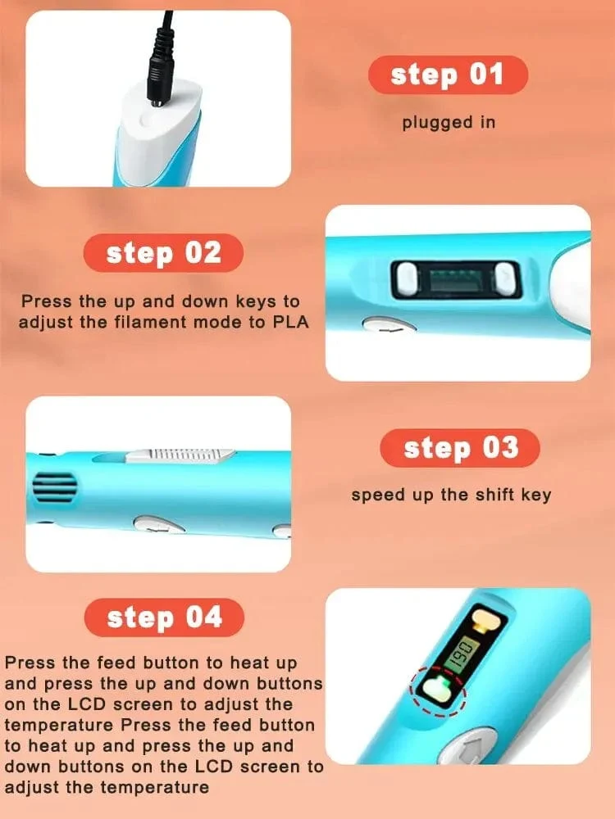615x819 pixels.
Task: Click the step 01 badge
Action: [x=448, y=75]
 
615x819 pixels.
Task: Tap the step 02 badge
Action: [x=163, y=253]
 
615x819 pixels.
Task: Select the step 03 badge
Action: [x=460, y=448]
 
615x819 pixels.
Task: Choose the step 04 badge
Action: [x=164, y=618]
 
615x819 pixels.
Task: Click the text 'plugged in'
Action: [x=449, y=123]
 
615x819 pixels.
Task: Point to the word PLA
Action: [x=291, y=322]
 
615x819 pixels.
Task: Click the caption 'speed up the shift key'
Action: [x=451, y=495]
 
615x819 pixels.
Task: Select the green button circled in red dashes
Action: [x=437, y=689]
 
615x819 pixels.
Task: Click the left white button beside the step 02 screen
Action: [x=408, y=278]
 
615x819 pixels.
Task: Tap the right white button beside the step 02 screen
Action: [x=505, y=278]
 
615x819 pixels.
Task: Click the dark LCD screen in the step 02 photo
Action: [x=456, y=278]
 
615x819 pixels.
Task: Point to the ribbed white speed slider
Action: [x=180, y=455]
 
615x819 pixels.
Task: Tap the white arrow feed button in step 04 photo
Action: [x=467, y=747]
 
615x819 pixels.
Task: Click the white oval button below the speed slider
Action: [x=159, y=524]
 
